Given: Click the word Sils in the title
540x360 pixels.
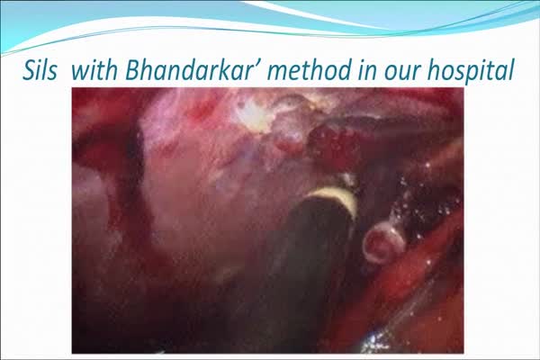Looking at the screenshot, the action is pyautogui.click(x=40, y=70).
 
